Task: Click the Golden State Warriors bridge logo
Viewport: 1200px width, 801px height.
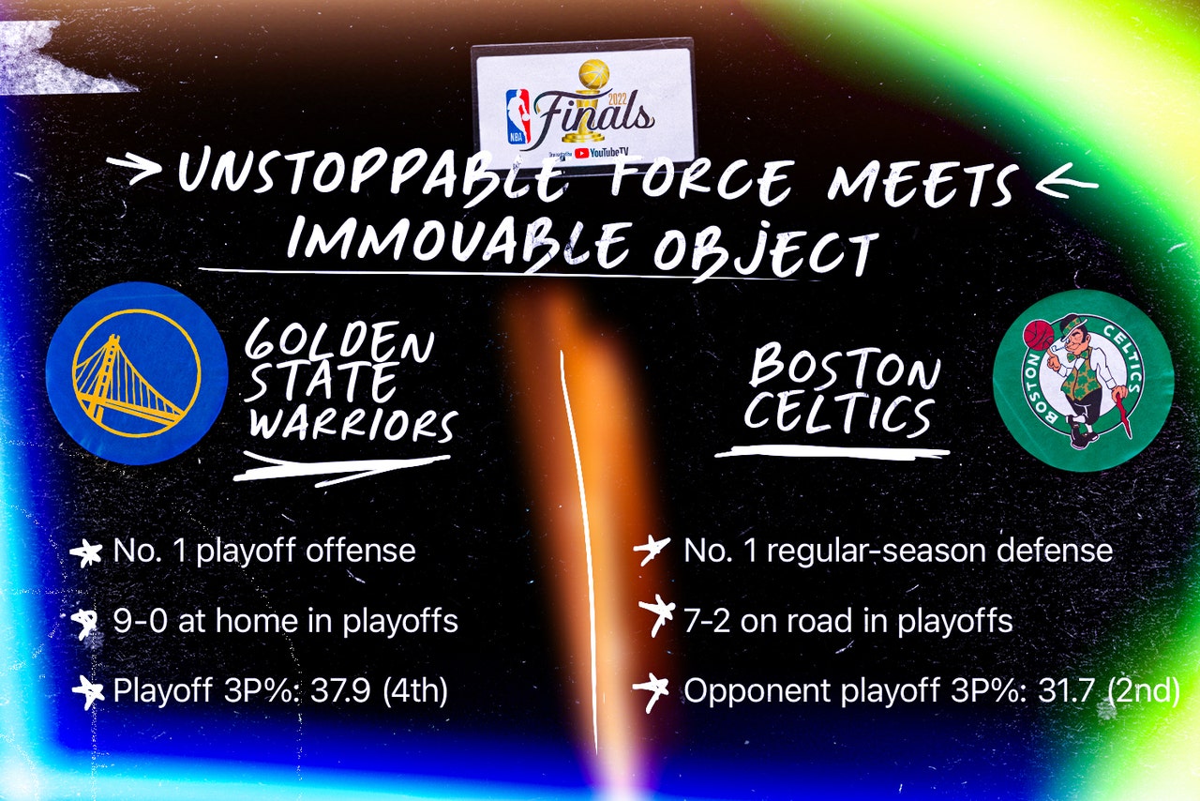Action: point(137,372)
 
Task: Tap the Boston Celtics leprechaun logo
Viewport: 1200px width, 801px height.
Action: point(1084,380)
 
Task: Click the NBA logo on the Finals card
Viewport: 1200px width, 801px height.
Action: point(518,117)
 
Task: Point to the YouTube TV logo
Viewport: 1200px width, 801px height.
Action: point(601,153)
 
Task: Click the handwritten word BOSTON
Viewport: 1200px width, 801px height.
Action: point(845,368)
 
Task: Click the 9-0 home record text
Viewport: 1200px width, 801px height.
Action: point(286,621)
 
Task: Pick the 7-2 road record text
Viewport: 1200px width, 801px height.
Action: point(848,621)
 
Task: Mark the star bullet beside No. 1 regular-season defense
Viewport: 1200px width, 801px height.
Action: point(651,549)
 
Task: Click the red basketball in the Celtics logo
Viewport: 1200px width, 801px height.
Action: point(1038,335)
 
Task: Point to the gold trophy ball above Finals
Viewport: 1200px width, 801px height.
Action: point(594,74)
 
